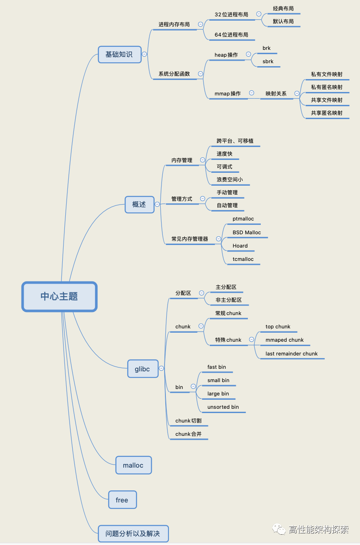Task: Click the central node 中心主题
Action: [x=59, y=297]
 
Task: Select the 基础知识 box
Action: [x=119, y=55]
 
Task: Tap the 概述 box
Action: [x=139, y=205]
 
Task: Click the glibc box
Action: [x=143, y=369]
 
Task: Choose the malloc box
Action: [x=134, y=465]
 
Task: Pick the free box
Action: [x=122, y=500]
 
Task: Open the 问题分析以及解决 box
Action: [x=133, y=534]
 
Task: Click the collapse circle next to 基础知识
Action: [x=144, y=54]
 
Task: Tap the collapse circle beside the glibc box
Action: [x=161, y=368]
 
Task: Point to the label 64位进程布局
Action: [x=231, y=35]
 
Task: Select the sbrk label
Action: [x=268, y=61]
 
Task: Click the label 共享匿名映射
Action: [x=327, y=113]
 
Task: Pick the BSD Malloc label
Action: [x=247, y=233]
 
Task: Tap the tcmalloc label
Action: [x=243, y=259]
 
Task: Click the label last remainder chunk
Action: [x=291, y=354]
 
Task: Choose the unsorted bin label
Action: [x=223, y=407]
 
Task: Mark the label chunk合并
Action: [x=188, y=434]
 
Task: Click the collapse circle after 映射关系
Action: [x=297, y=93]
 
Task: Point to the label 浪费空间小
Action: [x=230, y=180]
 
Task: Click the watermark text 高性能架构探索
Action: [x=318, y=530]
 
